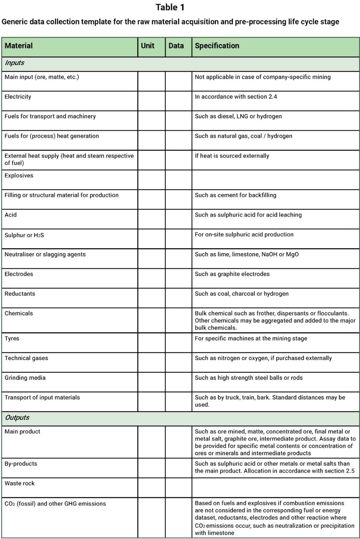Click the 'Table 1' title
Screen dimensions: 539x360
(170, 7)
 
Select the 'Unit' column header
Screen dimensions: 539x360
(148, 46)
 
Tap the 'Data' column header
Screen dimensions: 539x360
(176, 46)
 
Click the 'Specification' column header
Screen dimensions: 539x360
(217, 46)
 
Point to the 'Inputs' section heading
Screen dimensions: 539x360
(14, 63)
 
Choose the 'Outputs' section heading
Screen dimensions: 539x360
(17, 418)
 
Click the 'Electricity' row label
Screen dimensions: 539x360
(18, 97)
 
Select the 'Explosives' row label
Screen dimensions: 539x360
(19, 175)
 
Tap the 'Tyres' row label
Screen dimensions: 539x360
(12, 338)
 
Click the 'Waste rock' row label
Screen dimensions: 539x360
(20, 483)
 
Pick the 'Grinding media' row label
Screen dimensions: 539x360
(25, 378)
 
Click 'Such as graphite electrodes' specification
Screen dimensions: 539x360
(232, 274)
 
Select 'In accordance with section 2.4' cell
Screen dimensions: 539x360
(236, 97)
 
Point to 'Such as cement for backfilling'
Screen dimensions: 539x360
(235, 195)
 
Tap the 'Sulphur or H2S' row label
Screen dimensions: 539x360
(24, 235)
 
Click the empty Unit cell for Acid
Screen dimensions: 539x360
(151, 219)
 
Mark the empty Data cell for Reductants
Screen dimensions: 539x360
(178, 298)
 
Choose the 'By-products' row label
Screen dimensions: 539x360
(21, 464)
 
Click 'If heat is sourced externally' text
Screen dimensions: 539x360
(232, 156)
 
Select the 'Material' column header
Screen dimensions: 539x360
(19, 46)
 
